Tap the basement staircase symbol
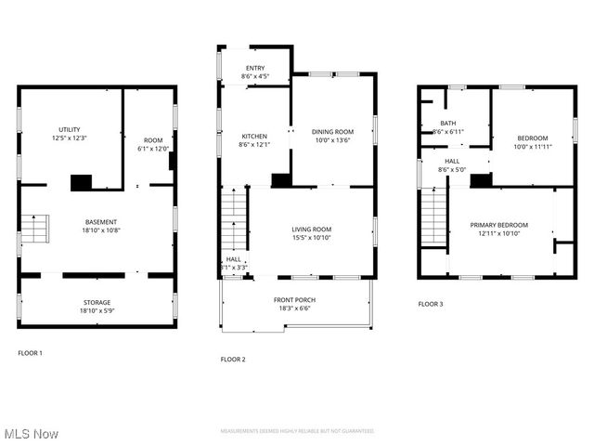click(x=34, y=229)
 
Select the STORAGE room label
click(x=97, y=302)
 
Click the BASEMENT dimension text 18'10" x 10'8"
click(x=101, y=230)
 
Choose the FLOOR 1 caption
click(x=30, y=353)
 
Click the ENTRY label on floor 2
click(x=254, y=68)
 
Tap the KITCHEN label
click(x=254, y=136)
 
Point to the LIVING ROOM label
click(x=311, y=229)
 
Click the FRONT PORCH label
click(x=295, y=299)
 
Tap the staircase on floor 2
click(x=236, y=219)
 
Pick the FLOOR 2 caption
click(x=232, y=359)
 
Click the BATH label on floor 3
click(x=448, y=123)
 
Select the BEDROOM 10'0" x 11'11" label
click(x=532, y=138)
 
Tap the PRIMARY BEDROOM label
click(x=498, y=225)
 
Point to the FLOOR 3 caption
click(x=430, y=304)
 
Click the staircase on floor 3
click(x=433, y=216)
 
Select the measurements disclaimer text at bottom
click(x=297, y=431)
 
